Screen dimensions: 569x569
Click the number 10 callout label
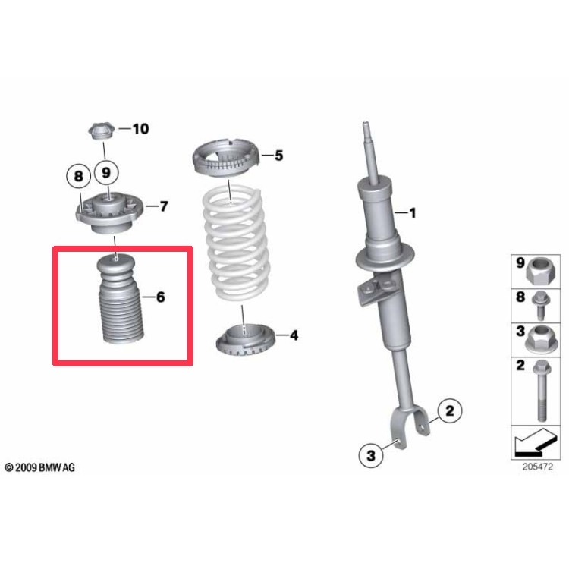(140, 129)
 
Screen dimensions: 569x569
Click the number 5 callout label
(278, 156)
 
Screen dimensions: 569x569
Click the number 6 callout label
(160, 297)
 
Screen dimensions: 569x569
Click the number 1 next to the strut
(413, 213)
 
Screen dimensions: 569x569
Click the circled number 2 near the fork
(448, 412)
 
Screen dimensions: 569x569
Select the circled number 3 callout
(371, 455)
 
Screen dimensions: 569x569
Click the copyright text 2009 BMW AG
(40, 468)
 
